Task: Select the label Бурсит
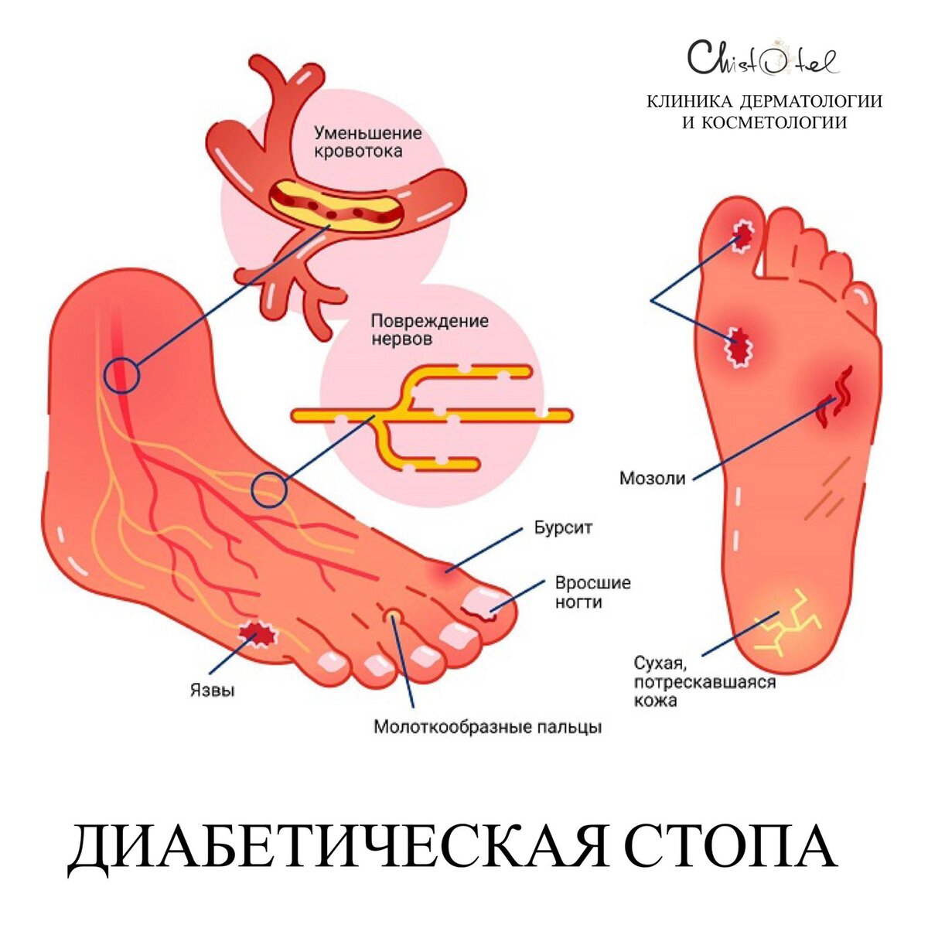pyautogui.click(x=563, y=529)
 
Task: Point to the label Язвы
pyautogui.click(x=212, y=690)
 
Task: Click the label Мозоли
pyautogui.click(x=652, y=478)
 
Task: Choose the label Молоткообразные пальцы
pyautogui.click(x=487, y=727)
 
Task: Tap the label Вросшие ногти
pyautogui.click(x=592, y=592)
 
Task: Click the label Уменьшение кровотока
pyautogui.click(x=367, y=142)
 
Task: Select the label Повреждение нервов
pyautogui.click(x=429, y=329)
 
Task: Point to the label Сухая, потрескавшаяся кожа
pyautogui.click(x=704, y=681)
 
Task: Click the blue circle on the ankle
pyautogui.click(x=121, y=377)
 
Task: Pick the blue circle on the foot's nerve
pyautogui.click(x=269, y=490)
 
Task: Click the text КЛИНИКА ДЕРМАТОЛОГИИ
pyautogui.click(x=764, y=102)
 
